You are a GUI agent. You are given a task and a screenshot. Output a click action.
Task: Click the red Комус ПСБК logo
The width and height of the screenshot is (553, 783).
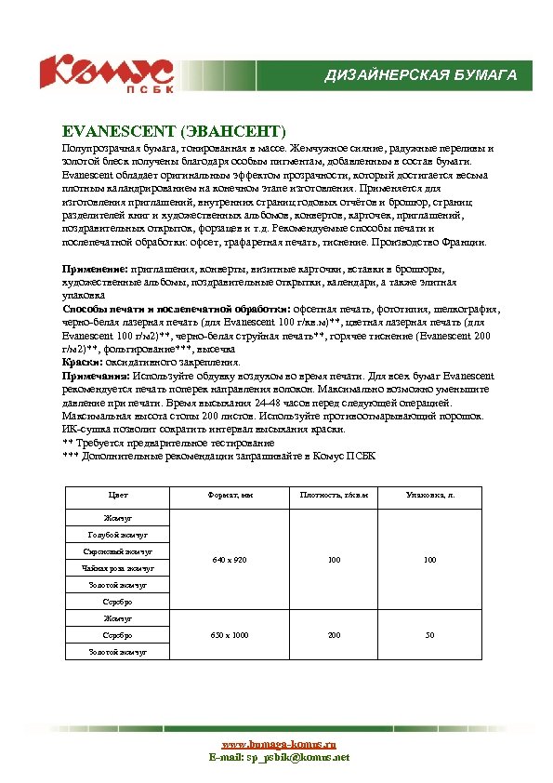point(104,73)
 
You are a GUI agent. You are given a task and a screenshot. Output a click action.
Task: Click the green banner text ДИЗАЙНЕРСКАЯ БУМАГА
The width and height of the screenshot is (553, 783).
point(420,74)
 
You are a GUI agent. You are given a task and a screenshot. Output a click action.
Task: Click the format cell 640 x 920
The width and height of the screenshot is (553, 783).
point(229,560)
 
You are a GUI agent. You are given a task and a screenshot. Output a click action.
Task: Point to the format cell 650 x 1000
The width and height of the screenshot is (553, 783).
point(229,635)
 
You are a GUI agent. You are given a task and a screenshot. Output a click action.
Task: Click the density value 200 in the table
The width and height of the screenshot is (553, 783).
point(334,635)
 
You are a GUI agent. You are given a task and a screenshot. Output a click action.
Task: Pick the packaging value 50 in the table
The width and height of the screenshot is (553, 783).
point(429,635)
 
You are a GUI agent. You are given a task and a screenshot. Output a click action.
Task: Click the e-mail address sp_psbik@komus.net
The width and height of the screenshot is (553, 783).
point(297,758)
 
